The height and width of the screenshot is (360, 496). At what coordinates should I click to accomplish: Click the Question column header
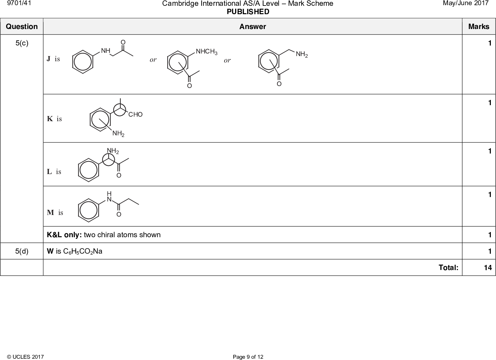(22, 26)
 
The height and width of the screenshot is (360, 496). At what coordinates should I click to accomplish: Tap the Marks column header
(479, 26)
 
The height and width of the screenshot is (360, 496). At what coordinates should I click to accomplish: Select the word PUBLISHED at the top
(248, 12)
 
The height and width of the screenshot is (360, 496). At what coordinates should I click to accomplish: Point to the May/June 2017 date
(470, 3)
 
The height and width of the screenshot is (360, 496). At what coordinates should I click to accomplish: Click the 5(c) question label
(22, 43)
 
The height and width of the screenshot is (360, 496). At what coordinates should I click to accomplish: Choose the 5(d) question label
(22, 251)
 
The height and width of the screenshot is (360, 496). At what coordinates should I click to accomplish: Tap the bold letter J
(49, 59)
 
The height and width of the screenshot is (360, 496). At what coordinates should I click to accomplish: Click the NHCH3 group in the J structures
(206, 52)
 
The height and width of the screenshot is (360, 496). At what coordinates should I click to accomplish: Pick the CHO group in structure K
(135, 114)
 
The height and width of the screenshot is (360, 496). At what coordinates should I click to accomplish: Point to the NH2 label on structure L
(113, 151)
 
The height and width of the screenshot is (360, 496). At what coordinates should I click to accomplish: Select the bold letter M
(50, 212)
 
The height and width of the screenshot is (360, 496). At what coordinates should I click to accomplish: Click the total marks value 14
(488, 268)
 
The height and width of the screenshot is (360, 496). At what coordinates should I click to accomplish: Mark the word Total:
(448, 268)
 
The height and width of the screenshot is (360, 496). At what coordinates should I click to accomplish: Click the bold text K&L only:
(64, 235)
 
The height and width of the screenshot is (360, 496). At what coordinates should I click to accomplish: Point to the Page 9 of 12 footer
(248, 357)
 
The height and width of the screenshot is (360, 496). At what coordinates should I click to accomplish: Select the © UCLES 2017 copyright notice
(25, 357)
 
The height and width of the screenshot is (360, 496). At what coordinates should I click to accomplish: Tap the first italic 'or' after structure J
(153, 60)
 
